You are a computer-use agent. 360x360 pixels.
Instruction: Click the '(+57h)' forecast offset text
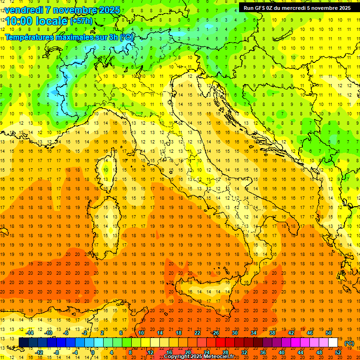(81, 21)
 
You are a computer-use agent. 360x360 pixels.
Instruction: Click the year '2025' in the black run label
(342, 7)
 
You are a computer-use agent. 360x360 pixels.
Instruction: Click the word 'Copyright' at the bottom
(177, 357)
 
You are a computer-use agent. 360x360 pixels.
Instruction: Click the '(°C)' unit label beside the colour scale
(349, 343)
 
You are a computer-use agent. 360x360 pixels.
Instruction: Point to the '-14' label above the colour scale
(30, 333)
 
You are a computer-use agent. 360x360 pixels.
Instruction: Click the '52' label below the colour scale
(338, 352)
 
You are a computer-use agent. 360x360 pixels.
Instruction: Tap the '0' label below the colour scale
(93, 352)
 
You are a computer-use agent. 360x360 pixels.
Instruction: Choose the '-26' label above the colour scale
(215, 333)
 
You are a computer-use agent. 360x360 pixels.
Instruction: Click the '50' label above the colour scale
(329, 333)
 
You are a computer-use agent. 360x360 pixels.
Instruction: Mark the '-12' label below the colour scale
(39, 352)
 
